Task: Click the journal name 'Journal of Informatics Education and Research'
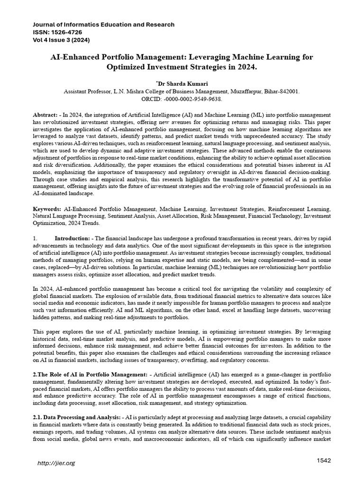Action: (103, 24)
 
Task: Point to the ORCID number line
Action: (182, 99)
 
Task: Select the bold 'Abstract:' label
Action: (46, 116)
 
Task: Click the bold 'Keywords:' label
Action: (47, 208)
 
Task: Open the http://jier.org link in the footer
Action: (56, 463)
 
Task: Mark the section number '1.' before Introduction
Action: (35, 238)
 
